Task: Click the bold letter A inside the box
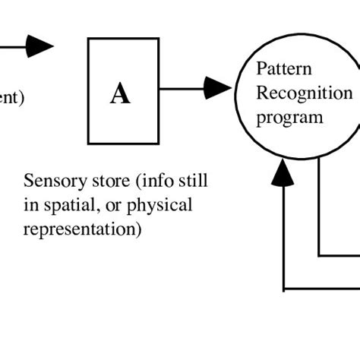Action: pos(120,94)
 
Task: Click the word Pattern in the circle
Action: pos(283,69)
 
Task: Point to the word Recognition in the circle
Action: pos(304,93)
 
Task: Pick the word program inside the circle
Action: pos(289,118)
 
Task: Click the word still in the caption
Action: pos(191,182)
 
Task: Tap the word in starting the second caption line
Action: pos(30,206)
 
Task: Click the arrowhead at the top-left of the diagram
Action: pos(39,46)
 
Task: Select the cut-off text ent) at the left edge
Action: pos(12,97)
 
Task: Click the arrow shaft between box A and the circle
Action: pos(182,88)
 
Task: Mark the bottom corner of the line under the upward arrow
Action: pos(283,289)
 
